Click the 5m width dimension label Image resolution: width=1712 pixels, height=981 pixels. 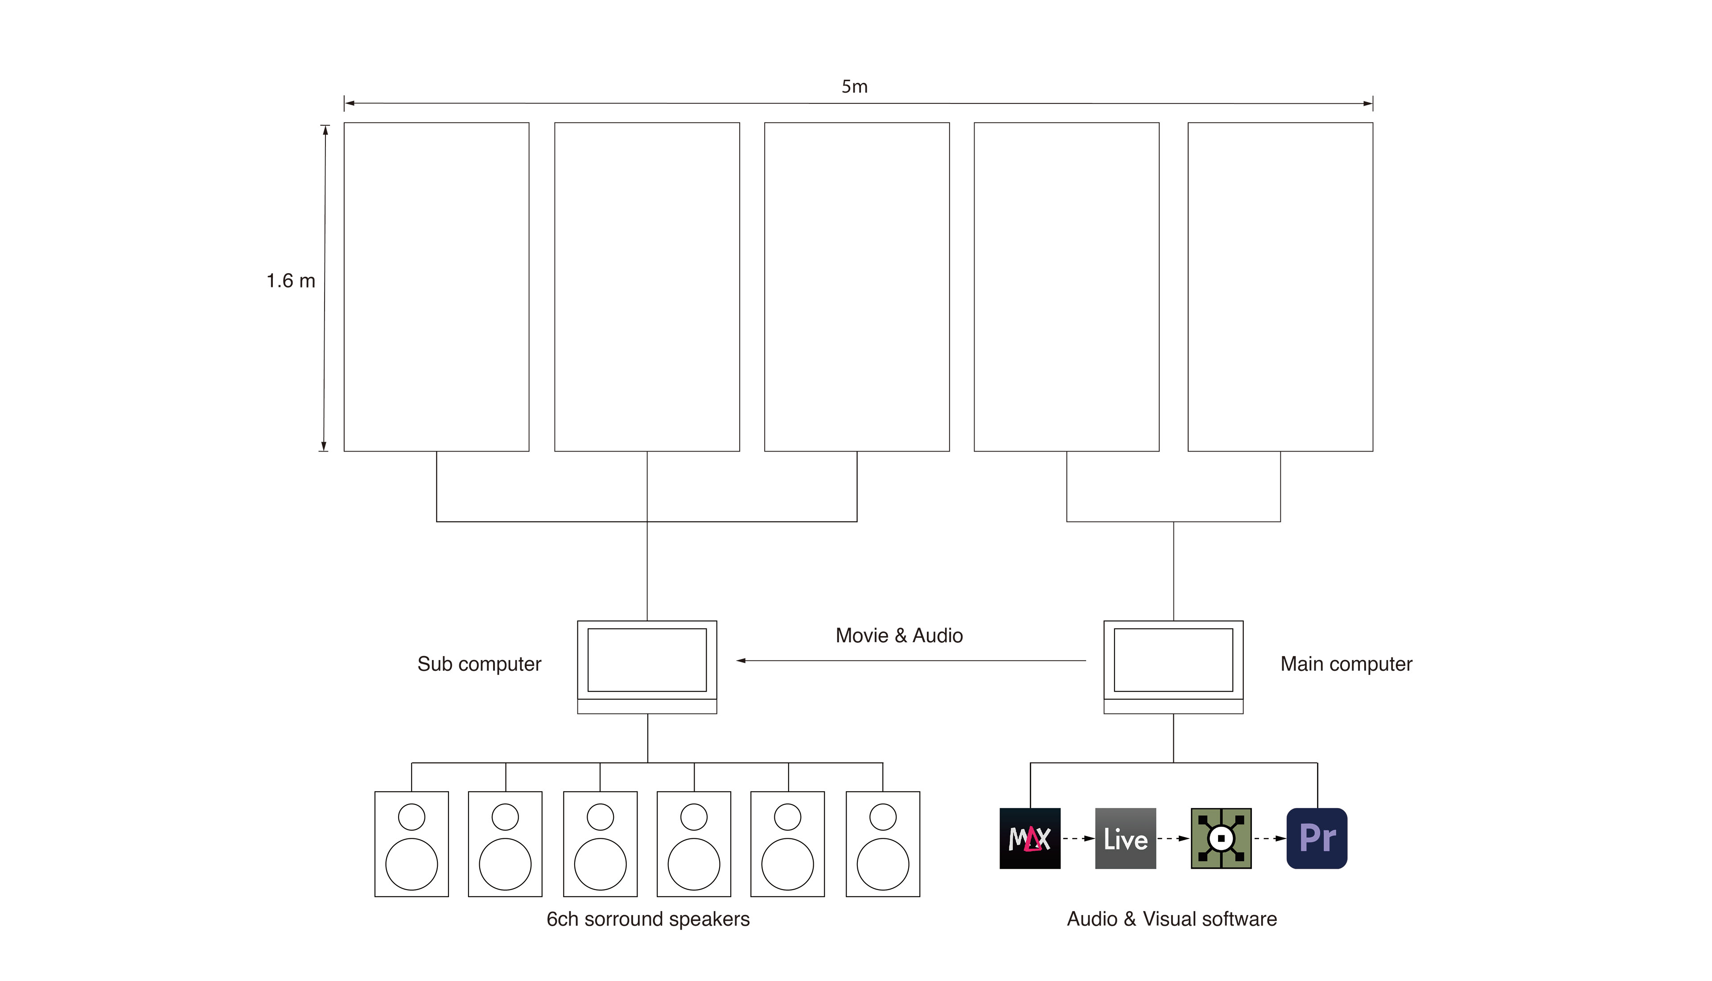[854, 87]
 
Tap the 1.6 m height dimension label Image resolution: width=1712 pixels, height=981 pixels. [290, 281]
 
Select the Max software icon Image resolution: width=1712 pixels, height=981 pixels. [1029, 838]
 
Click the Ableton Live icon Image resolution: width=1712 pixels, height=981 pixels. [1125, 838]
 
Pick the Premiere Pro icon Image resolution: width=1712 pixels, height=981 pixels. [1317, 838]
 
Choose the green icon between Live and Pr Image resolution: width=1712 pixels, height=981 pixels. [1221, 838]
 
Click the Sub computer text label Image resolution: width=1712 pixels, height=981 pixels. [479, 665]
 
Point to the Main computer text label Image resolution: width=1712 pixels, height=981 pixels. [1346, 665]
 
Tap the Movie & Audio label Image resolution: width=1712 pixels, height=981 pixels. [899, 636]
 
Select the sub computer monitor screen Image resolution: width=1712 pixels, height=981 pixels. [647, 660]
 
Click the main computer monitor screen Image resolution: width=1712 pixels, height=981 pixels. [1173, 660]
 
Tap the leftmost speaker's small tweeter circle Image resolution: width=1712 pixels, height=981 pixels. [412, 817]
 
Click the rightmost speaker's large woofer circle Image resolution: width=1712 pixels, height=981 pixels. [883, 864]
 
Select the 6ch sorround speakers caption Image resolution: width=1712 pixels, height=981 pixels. [647, 919]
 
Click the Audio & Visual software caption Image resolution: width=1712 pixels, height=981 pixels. [1172, 919]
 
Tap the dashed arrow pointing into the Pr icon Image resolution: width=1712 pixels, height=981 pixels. [1269, 838]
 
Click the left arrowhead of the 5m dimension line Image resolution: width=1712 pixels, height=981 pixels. [350, 103]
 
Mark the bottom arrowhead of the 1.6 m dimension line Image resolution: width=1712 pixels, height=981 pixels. [324, 446]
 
